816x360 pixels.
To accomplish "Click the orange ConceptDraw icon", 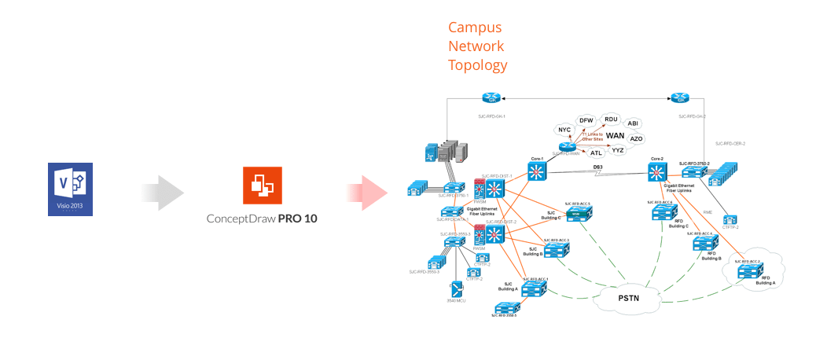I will pyautogui.click(x=262, y=185).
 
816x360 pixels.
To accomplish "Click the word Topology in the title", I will pyautogui.click(x=477, y=65).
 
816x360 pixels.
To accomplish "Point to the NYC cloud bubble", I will pyautogui.click(x=564, y=129).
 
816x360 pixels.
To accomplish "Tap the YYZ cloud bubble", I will pyautogui.click(x=618, y=149).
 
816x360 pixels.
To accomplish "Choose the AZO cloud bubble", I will pyautogui.click(x=636, y=138).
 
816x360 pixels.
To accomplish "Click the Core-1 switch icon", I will pyautogui.click(x=538, y=172).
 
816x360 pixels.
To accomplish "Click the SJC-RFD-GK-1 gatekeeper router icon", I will pyautogui.click(x=492, y=98).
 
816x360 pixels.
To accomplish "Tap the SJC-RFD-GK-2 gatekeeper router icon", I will pyautogui.click(x=681, y=98).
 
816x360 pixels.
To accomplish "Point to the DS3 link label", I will pyautogui.click(x=597, y=167).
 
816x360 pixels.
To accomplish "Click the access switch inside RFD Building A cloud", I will pyautogui.click(x=748, y=271).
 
